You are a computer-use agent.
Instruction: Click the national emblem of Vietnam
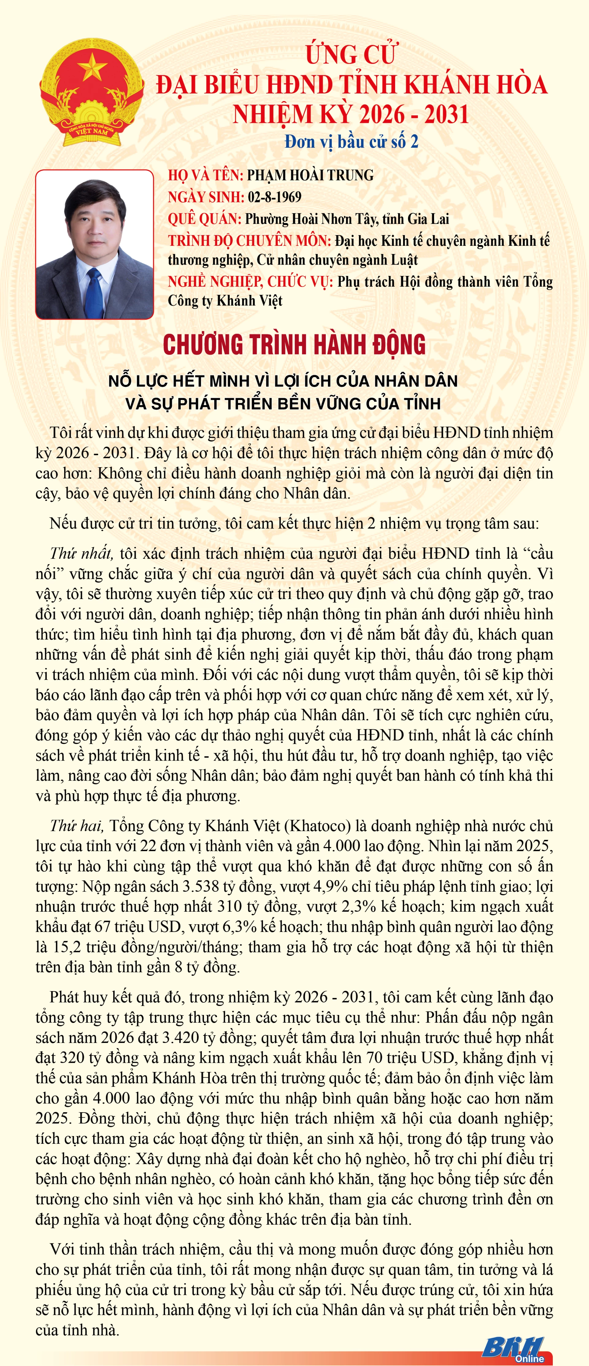click(91, 91)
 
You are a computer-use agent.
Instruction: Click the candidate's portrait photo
click(94, 244)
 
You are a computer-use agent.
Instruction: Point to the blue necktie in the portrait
click(94, 291)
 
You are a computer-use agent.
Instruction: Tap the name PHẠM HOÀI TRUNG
click(310, 176)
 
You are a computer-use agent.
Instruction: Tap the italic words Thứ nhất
click(81, 554)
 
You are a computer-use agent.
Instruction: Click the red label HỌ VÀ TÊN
click(205, 176)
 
